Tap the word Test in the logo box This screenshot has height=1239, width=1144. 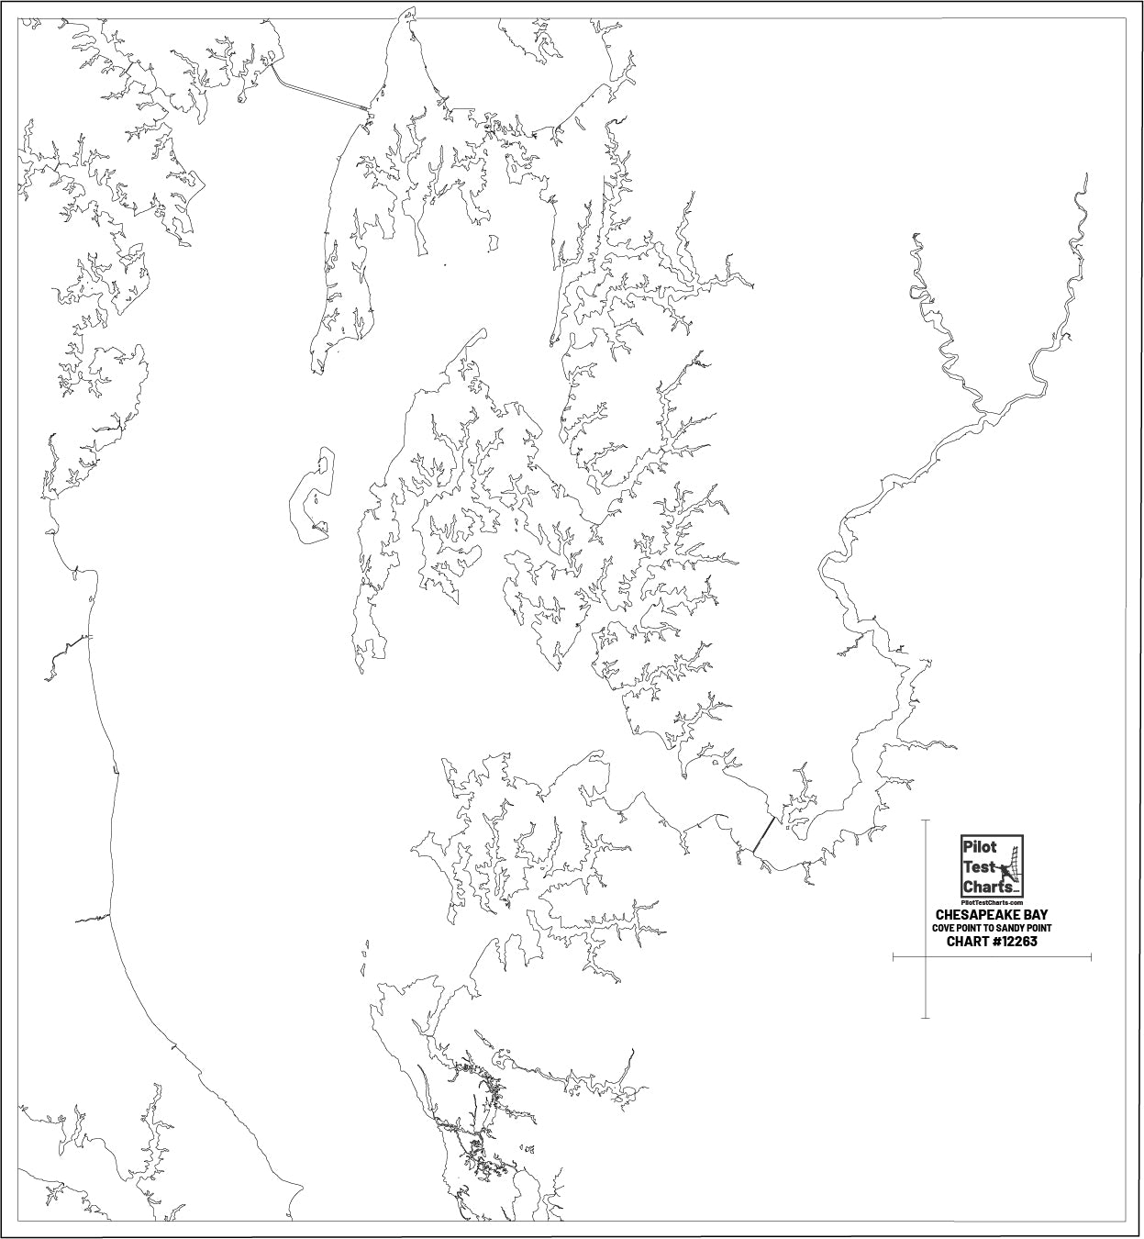tap(974, 866)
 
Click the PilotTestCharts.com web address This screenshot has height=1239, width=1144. tap(991, 903)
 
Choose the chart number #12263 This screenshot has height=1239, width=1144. tap(1016, 942)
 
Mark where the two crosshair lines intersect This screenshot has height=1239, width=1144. tap(925, 957)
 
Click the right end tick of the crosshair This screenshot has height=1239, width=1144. tap(1091, 957)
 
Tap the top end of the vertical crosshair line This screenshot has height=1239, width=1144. tap(925, 820)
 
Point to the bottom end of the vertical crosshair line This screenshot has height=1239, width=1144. tap(925, 1017)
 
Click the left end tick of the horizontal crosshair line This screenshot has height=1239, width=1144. tap(894, 957)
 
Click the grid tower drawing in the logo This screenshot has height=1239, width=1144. tap(1012, 863)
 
